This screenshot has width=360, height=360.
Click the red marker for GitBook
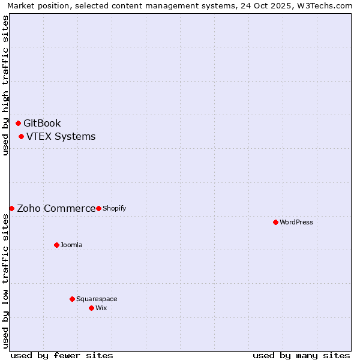coord(19,123)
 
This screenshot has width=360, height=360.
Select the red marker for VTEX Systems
coord(21,137)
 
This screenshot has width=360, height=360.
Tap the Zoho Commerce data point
coord(11,208)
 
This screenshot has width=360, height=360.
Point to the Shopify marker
coord(98,208)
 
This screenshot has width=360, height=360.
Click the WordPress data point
coord(275,222)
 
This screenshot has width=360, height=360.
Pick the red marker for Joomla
coord(56,245)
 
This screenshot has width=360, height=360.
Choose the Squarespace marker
coord(72,299)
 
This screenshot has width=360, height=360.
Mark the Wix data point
coord(91,308)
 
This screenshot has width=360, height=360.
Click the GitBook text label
coord(42,124)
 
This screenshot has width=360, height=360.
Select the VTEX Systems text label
coord(61,137)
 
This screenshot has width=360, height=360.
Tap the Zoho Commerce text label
coord(56,209)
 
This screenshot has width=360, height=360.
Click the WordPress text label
coord(296,222)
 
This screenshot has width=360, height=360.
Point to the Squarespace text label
coord(97,299)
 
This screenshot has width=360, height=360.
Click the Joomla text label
coord(71,245)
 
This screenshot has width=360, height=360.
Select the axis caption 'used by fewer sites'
coord(62,355)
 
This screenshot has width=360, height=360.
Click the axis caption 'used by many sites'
coord(301,355)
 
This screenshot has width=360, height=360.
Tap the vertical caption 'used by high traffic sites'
coord(5,85)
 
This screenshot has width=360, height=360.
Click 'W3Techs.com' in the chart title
coord(328,5)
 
